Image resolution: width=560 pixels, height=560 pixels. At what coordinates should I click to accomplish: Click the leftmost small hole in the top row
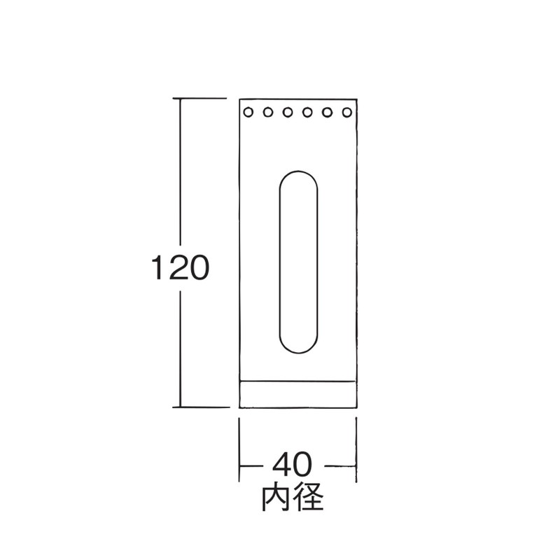coord(248,113)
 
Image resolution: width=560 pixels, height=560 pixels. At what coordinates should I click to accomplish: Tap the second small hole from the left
coord(268,113)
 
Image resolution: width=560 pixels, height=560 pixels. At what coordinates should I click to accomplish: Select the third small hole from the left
coord(288,113)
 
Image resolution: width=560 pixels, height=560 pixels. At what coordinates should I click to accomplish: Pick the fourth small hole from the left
coord(307,113)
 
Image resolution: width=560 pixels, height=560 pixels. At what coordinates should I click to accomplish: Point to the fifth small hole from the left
coord(327,113)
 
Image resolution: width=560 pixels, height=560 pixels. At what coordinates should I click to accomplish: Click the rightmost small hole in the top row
coord(346,113)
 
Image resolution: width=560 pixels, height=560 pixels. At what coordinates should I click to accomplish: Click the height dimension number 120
coord(180,267)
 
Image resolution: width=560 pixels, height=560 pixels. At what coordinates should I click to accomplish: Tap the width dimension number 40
coord(293,464)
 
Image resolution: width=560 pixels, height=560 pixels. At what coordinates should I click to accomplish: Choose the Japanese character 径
coord(309,498)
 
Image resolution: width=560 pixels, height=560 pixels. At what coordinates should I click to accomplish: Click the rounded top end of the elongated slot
coord(298,171)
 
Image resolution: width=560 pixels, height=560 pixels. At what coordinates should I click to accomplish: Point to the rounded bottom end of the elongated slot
coord(298,352)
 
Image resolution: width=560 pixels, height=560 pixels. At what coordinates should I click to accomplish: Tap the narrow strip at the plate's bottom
coord(298,394)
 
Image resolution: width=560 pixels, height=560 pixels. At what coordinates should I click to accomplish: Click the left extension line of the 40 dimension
coord(239,450)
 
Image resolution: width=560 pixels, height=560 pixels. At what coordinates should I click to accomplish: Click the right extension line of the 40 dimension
coord(356,450)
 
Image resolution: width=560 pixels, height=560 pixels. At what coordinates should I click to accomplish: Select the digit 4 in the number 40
coord(282,464)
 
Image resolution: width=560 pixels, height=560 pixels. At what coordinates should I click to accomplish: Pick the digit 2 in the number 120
coord(180,267)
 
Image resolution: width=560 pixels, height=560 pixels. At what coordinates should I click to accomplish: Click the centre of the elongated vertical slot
coord(298,262)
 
